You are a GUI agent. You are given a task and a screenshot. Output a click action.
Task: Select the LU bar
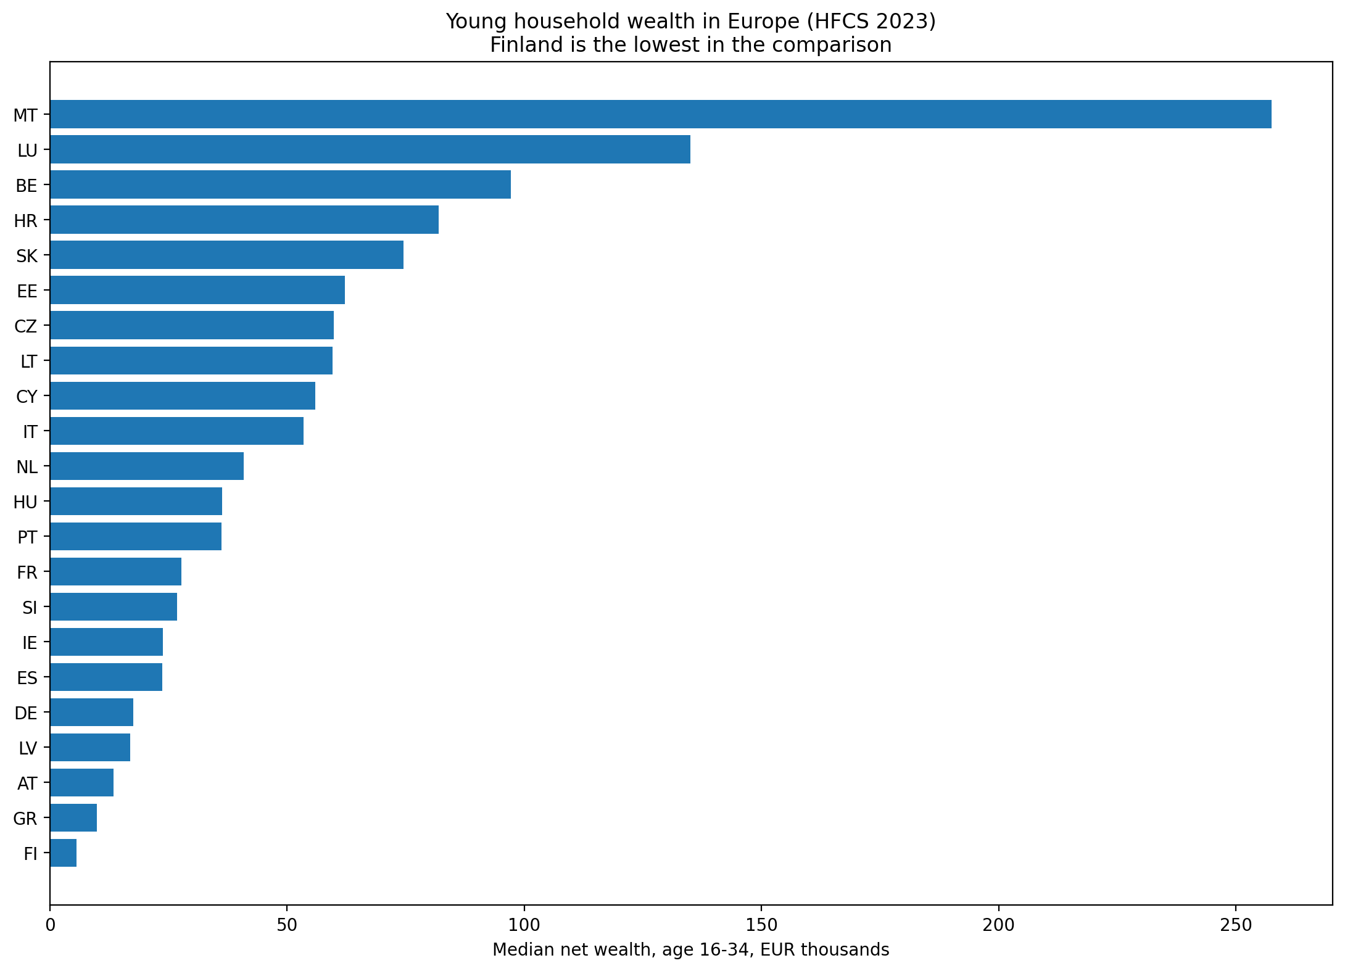coord(370,149)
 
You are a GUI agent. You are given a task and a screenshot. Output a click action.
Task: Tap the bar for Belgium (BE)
coord(280,184)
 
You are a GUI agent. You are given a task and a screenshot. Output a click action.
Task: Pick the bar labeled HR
coord(244,220)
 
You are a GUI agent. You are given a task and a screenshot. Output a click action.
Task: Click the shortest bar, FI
coord(63,853)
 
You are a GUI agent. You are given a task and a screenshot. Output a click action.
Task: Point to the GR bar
coord(73,818)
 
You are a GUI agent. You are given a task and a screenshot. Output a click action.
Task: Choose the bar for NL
coord(147,466)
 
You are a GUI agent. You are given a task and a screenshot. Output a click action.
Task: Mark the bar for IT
coord(176,431)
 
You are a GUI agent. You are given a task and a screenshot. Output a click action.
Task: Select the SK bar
coord(226,255)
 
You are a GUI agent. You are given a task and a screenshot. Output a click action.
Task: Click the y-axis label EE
coord(27,291)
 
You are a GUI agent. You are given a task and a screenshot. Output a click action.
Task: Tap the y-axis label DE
coord(26,714)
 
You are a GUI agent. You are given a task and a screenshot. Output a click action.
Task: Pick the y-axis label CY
coord(27,397)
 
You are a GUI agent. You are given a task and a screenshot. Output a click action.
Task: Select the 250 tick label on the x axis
coord(1235,925)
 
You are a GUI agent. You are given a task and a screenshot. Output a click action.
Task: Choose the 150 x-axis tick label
coord(761,925)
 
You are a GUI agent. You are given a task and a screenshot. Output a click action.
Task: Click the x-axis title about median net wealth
coord(691,950)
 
